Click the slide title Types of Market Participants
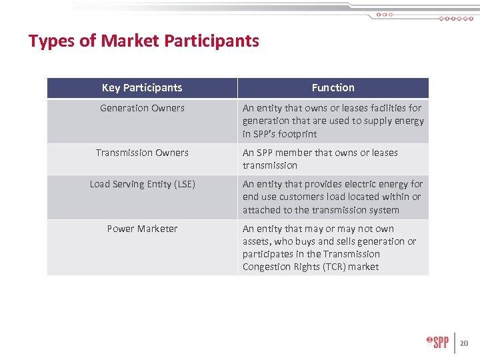pyautogui.click(x=143, y=41)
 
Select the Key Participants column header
pyautogui.click(x=142, y=88)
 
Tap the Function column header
pyautogui.click(x=333, y=88)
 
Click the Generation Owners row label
pyautogui.click(x=142, y=108)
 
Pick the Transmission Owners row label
pyautogui.click(x=142, y=153)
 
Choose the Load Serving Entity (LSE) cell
pyautogui.click(x=142, y=184)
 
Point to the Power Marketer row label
pyautogui.click(x=142, y=229)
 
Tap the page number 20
pyautogui.click(x=464, y=344)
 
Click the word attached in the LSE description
pyautogui.click(x=261, y=210)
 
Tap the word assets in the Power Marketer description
pyautogui.click(x=257, y=242)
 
